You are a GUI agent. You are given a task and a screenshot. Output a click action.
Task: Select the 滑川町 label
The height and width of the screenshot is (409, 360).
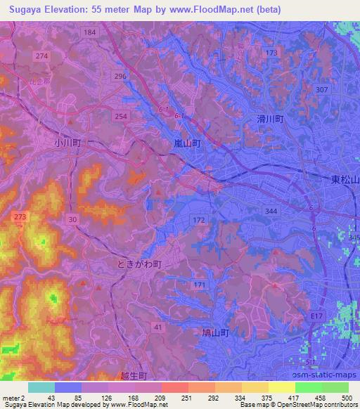point(269,120)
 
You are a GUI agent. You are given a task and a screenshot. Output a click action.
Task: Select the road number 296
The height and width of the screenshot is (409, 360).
point(120,77)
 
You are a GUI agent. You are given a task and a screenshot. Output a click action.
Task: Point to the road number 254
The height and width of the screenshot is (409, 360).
point(122,115)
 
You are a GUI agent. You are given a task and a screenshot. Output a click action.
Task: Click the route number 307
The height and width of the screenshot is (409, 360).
point(321,90)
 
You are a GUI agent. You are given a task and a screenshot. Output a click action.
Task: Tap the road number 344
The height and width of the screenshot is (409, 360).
point(271,210)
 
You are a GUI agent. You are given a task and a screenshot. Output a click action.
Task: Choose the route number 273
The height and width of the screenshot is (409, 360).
point(20,219)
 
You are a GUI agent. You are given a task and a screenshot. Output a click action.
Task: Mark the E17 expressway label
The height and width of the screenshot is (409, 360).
point(318,317)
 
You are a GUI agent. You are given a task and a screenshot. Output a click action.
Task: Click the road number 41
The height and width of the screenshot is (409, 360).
point(158,327)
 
